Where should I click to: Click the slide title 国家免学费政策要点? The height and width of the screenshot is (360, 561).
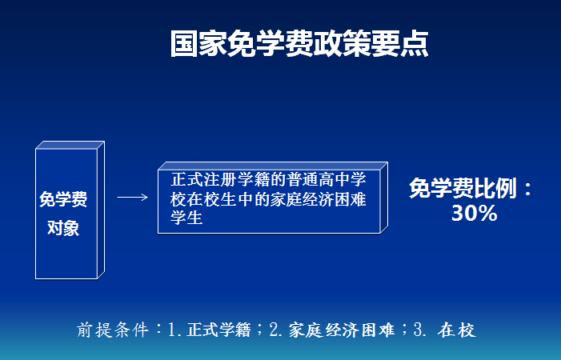click(299, 44)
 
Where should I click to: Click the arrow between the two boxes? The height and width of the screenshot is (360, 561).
click(132, 197)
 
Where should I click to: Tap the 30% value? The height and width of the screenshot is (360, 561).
click(474, 213)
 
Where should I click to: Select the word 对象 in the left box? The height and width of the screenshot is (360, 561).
click(63, 228)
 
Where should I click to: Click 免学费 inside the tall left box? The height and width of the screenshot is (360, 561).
click(63, 198)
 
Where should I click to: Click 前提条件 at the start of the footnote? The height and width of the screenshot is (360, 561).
click(113, 330)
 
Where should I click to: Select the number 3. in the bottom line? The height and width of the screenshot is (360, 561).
click(420, 330)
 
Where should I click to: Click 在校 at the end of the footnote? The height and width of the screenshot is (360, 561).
click(457, 330)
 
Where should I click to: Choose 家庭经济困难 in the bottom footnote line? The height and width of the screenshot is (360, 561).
click(342, 330)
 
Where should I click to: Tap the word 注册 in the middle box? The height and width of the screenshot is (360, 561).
click(219, 179)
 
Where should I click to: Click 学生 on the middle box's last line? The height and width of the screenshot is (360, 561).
click(186, 218)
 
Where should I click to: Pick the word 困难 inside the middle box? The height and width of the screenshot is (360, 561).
click(351, 198)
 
